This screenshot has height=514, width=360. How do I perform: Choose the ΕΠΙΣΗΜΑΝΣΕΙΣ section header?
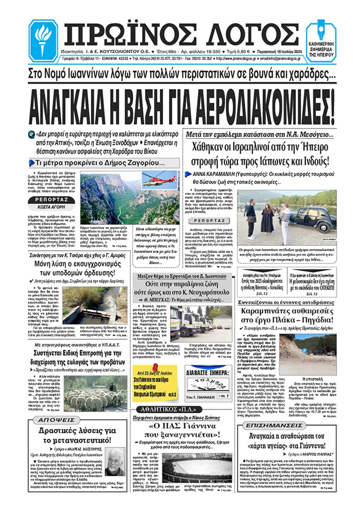(274, 425)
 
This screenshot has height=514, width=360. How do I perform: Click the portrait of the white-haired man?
(115, 462)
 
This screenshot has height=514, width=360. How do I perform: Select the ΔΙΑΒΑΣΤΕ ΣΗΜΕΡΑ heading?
(207, 373)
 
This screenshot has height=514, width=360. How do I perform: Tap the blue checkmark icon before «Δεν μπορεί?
(31, 134)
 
